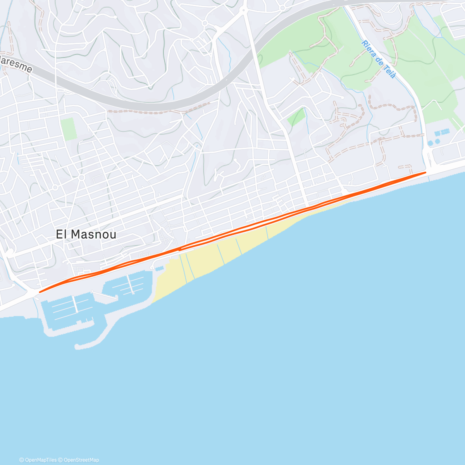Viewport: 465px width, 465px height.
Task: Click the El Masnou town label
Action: point(86,234)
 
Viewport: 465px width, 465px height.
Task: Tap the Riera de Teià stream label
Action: point(378,59)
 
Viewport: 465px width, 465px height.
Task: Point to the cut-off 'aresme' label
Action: point(15,64)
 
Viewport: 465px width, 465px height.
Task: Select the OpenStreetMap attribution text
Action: point(81,460)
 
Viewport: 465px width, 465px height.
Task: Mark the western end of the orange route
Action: point(40,292)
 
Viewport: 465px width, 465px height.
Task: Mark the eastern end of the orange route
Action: point(425,172)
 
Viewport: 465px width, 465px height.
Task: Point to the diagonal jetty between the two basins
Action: point(105,295)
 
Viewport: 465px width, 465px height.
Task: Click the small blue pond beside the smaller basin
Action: point(159,268)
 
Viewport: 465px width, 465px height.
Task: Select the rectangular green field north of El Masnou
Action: point(68,129)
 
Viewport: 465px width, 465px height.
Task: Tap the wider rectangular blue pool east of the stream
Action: point(443,133)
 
